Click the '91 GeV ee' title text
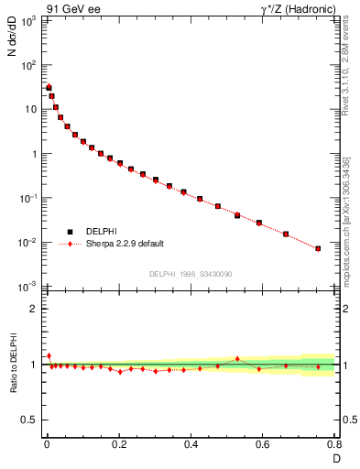tap(72, 8)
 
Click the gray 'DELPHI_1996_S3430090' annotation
tap(190, 274)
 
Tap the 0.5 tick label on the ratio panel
tap(28, 420)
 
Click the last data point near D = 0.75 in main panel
tap(318, 248)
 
